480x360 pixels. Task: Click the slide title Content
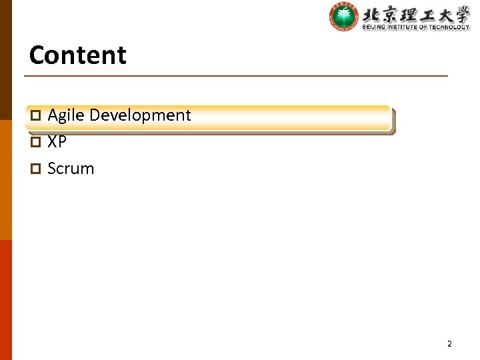[x=77, y=55]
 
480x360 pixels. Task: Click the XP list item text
[x=57, y=142]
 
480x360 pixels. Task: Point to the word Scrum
[x=71, y=169]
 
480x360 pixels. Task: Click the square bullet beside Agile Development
[x=37, y=116]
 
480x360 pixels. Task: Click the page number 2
[x=449, y=344]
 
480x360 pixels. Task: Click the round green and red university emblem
[x=344, y=16]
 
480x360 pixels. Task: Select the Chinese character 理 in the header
[x=409, y=13]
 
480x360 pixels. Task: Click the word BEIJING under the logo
[x=371, y=27]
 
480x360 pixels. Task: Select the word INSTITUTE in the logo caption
[x=400, y=27]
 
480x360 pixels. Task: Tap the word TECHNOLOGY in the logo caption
[x=450, y=27]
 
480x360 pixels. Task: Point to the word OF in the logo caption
[x=424, y=27]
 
